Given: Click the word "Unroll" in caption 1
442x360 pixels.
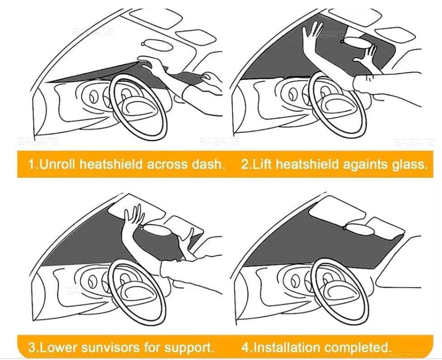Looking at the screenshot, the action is click(58, 164).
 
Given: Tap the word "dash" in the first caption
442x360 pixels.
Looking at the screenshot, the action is click(209, 164).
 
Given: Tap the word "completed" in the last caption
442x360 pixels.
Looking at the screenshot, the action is click(357, 348).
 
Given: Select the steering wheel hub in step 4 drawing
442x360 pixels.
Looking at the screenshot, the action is click(335, 288).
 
